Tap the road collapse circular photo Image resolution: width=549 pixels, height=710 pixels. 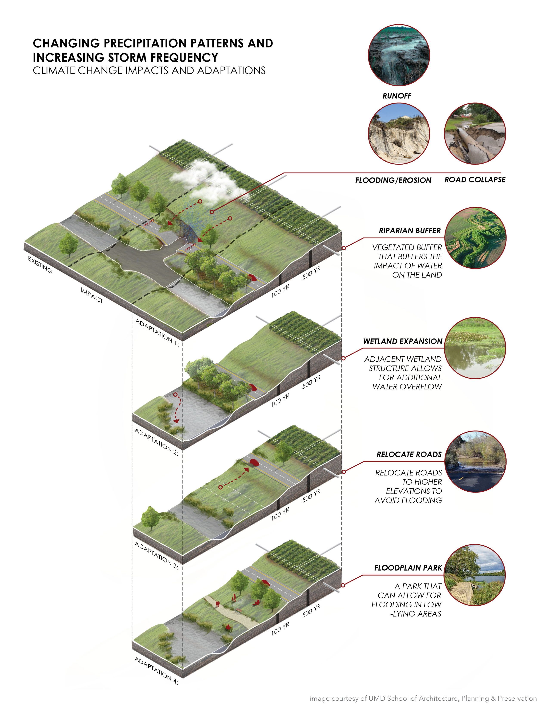click(475, 134)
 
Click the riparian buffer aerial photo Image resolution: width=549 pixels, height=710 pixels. click(475, 238)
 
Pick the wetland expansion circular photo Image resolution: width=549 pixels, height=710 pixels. click(475, 348)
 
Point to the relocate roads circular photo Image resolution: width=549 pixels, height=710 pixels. click(475, 462)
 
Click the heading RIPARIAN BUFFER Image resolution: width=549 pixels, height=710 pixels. click(409, 230)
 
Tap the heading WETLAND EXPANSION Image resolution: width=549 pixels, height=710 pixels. click(403, 341)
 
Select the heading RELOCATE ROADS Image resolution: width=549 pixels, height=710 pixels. click(409, 454)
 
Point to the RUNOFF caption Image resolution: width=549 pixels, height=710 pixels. click(397, 96)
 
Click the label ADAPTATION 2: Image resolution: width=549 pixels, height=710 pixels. click(157, 442)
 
